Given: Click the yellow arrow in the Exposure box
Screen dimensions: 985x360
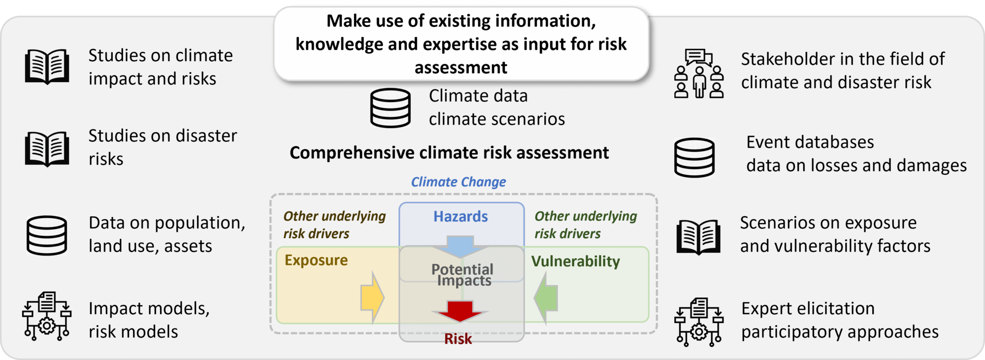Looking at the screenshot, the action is coord(372,297).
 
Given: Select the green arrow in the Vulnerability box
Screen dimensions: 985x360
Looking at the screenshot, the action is coord(546,297).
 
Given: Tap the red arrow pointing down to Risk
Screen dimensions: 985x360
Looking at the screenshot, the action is coord(460,311).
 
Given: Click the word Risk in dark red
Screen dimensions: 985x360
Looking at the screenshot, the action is coord(458,339).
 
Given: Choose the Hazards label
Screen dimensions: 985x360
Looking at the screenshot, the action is coord(460,217).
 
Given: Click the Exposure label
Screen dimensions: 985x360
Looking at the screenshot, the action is coord(316,261).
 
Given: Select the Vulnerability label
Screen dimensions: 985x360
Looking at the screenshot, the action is coord(576,262).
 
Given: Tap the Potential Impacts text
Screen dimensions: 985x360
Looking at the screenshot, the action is coord(462,275).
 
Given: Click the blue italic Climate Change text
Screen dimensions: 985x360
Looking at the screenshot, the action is coord(459,182).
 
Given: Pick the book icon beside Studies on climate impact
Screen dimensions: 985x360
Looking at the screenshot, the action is coord(47,66).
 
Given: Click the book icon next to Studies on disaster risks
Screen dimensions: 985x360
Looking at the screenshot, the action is coord(47,149).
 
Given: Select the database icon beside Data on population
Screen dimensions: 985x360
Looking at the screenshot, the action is coord(46,235).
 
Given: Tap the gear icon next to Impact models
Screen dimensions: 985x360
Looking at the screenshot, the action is coord(47,316).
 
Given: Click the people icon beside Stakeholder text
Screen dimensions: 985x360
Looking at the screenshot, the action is coord(699,73).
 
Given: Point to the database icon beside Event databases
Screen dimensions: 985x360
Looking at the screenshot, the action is coord(694,158).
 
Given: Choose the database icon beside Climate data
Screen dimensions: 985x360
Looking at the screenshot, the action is coord(391,108).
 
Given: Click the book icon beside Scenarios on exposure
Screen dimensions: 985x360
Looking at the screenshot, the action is coord(698,236).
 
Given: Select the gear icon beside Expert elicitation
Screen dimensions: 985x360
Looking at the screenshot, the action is coord(699,322).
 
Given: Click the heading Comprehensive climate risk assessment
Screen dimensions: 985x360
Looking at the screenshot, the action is coord(449,153).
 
